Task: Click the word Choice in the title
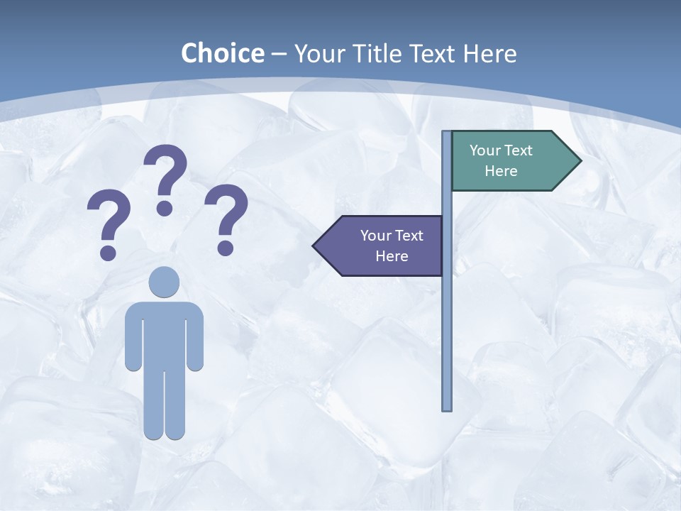[222, 53]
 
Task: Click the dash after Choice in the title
[279, 54]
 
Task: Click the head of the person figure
[164, 282]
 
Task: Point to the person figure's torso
[164, 334]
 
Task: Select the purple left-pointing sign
[383, 246]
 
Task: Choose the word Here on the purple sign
[392, 256]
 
